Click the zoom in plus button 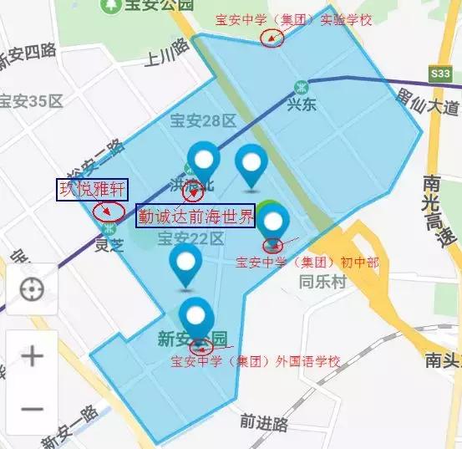(32, 357)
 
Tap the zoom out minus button (32, 408)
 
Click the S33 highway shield (440, 74)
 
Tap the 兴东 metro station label (302, 106)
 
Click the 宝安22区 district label (190, 238)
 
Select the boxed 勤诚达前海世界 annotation (197, 216)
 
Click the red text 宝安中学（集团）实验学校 (292, 19)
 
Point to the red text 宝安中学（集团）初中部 (307, 263)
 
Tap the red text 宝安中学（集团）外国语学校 (256, 362)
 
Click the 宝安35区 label (32, 102)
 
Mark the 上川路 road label (164, 59)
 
